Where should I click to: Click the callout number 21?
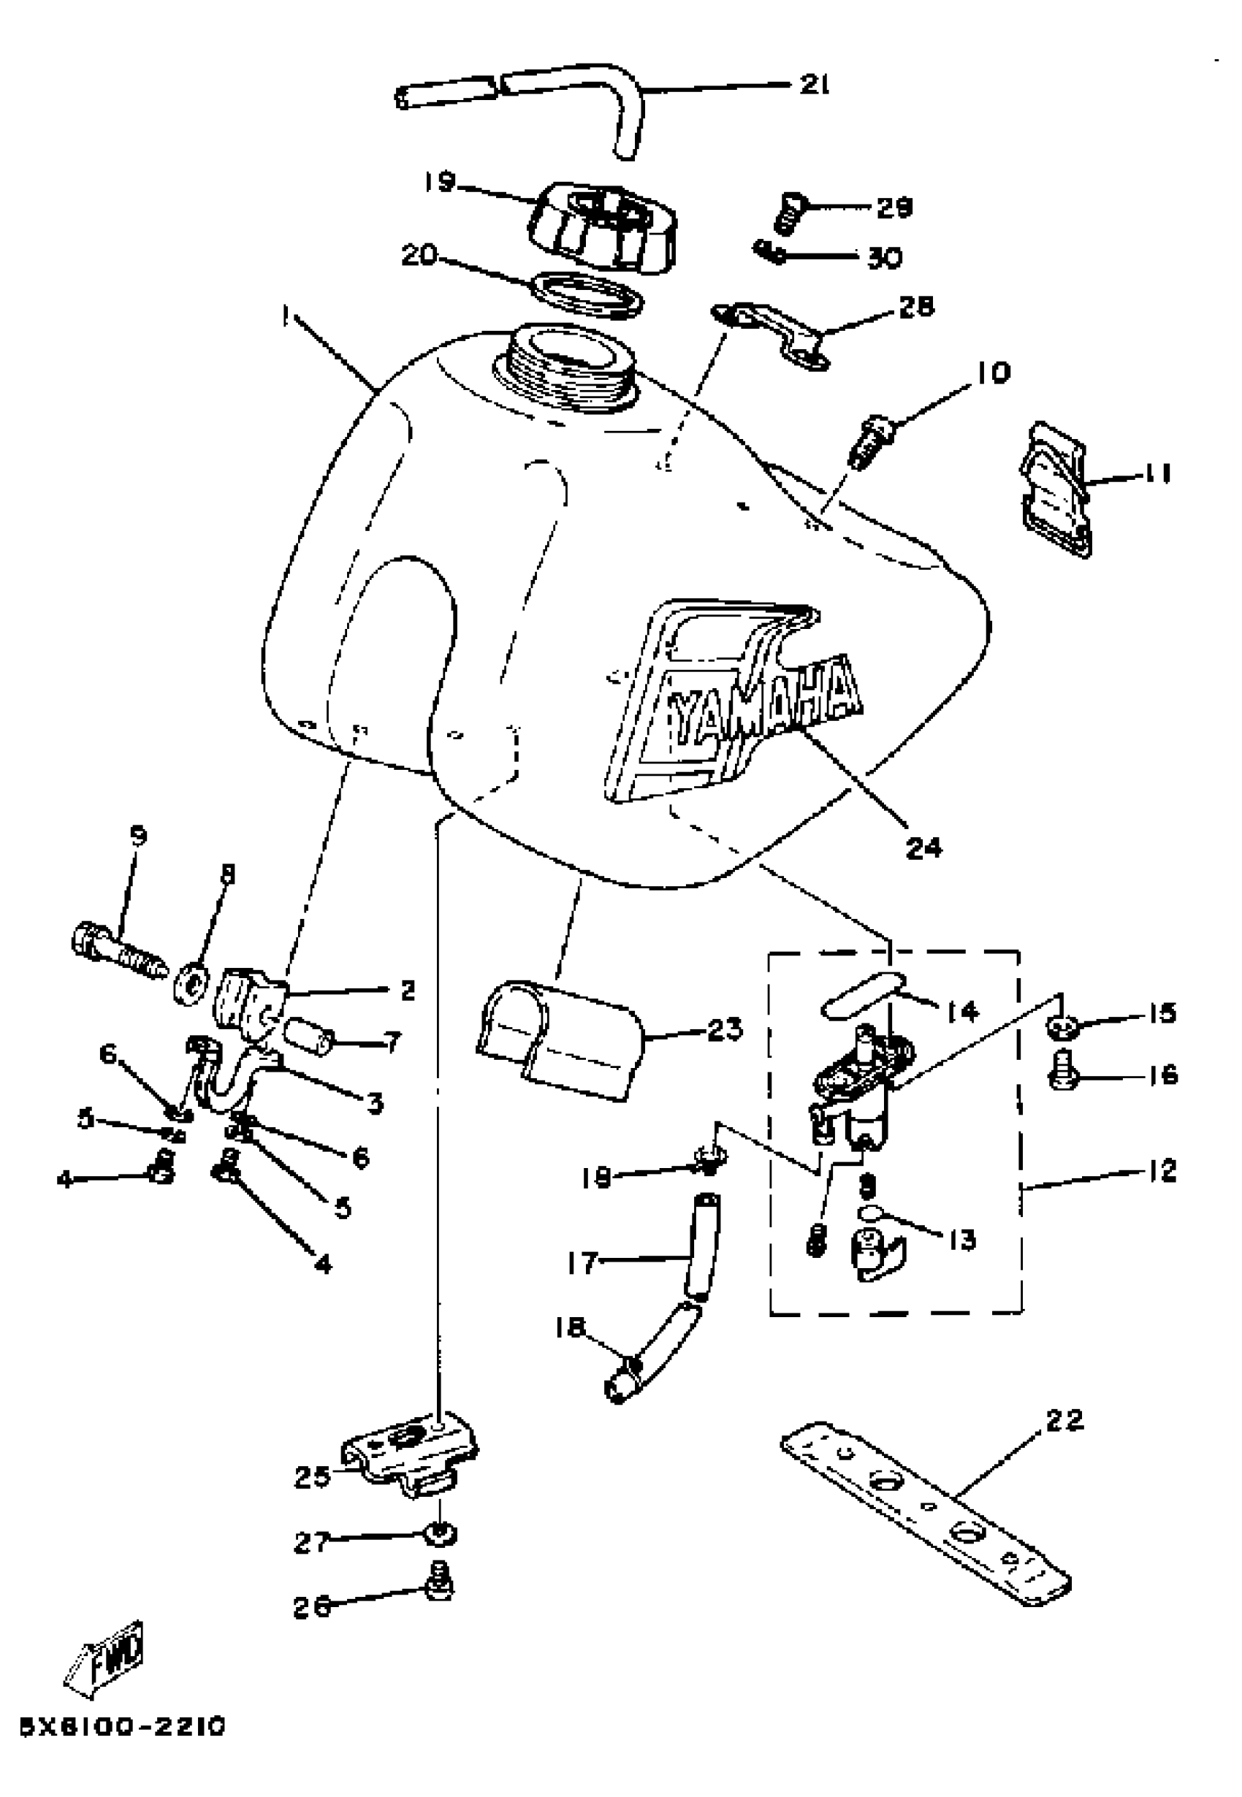point(815,84)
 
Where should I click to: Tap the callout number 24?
point(923,848)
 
